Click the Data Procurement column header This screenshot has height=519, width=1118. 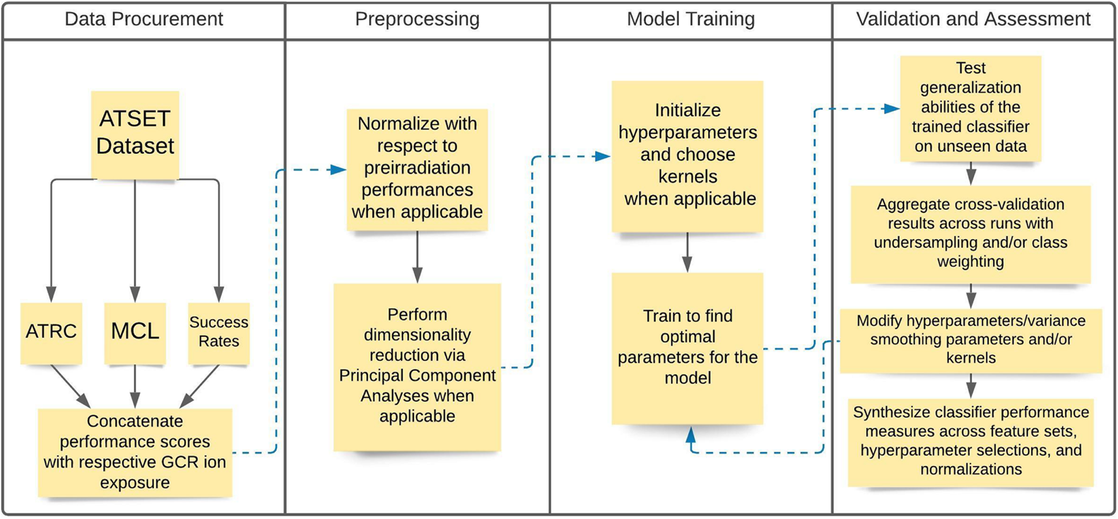(x=144, y=19)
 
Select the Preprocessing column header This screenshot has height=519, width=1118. (x=417, y=19)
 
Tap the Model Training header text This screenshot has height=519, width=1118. (x=690, y=19)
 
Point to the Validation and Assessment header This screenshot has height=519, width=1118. (x=973, y=19)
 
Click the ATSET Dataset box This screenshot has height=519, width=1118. (x=135, y=134)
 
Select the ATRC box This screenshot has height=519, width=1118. (x=51, y=332)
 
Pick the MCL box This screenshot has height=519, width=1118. (x=135, y=332)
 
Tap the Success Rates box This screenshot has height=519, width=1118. (x=219, y=332)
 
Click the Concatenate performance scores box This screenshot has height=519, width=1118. (x=135, y=452)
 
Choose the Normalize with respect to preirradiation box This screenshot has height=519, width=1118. (x=417, y=168)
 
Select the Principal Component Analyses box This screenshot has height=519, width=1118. (x=417, y=366)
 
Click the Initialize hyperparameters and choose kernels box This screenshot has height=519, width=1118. (x=688, y=155)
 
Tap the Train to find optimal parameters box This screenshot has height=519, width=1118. (x=688, y=347)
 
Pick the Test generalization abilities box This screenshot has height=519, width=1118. (x=970, y=107)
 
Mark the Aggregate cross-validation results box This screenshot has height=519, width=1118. (x=970, y=233)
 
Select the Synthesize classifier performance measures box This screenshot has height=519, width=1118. (x=970, y=441)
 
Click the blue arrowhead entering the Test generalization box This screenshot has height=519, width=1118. (x=891, y=108)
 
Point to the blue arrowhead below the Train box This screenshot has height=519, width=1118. (x=691, y=434)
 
